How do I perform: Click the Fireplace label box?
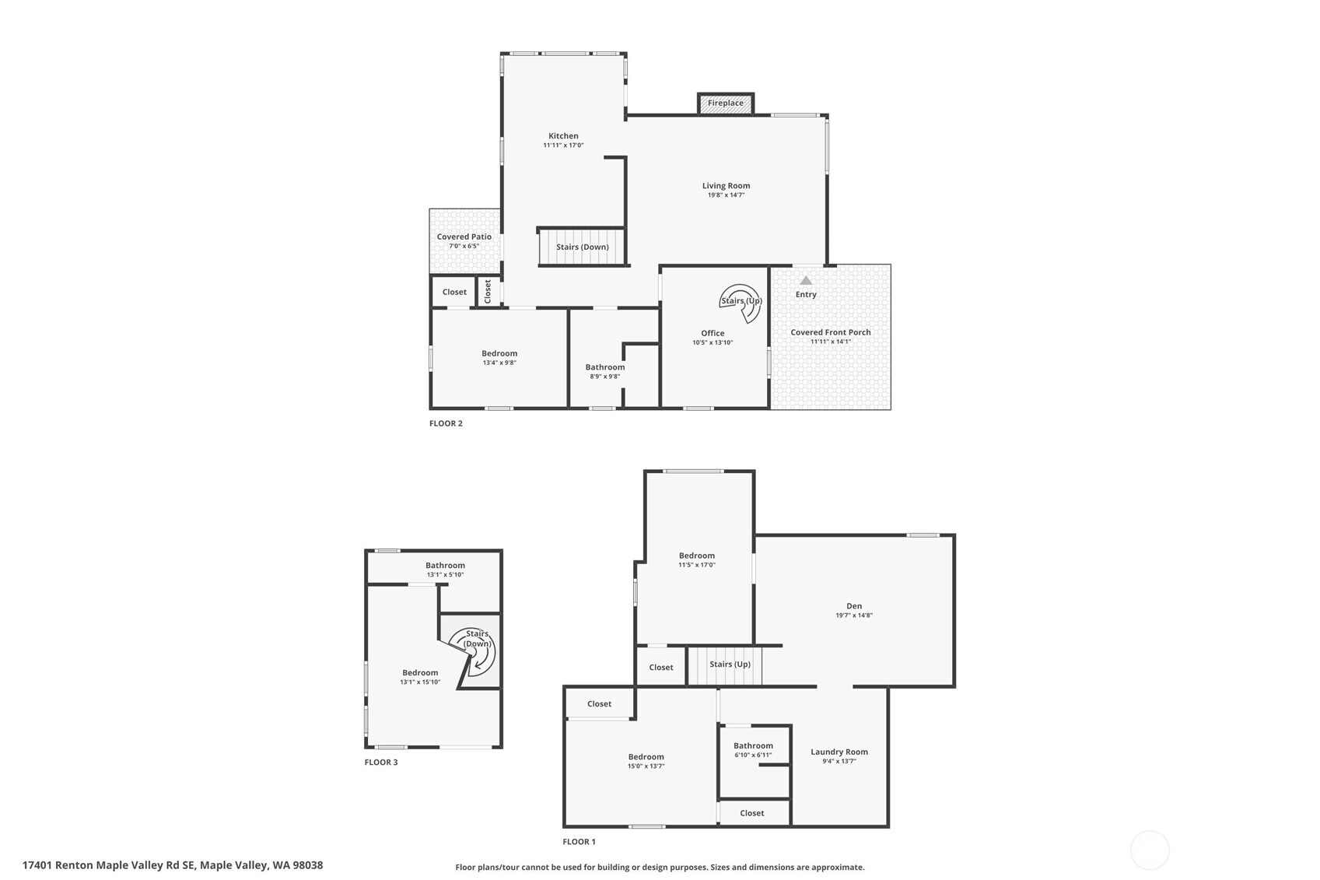(725, 103)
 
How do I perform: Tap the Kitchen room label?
(563, 135)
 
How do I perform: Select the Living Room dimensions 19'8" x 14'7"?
(726, 195)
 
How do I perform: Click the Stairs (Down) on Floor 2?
(582, 247)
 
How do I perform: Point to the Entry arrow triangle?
(806, 280)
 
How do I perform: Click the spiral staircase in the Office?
(741, 302)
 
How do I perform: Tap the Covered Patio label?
(464, 237)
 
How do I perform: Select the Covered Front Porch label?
(830, 332)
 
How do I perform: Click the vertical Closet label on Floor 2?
(488, 292)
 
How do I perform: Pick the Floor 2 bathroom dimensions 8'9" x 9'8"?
(604, 377)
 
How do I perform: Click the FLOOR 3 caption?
(380, 762)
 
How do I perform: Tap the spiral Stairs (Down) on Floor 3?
(477, 649)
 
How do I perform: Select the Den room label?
(854, 605)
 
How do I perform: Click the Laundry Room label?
(839, 752)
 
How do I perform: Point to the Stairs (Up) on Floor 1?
(730, 664)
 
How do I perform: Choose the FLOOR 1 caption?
(579, 841)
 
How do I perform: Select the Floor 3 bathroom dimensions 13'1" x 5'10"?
(445, 575)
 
